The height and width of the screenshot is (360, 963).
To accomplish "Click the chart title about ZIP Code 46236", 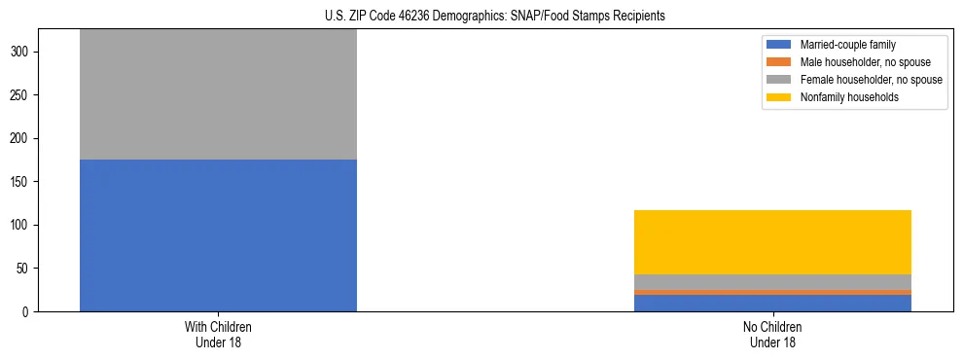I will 495,17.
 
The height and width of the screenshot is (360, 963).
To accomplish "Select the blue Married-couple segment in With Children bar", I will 218,235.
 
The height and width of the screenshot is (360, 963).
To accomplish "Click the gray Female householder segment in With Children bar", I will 218,94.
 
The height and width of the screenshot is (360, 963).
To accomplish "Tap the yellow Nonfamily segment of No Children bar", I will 772,242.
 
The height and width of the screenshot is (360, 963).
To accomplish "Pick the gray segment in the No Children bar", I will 772,282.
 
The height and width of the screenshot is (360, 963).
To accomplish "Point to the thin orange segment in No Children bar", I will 772,292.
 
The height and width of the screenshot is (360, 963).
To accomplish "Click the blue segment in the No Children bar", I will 772,303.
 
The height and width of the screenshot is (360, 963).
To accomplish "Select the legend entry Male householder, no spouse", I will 859,62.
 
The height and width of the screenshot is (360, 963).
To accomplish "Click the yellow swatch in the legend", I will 780,97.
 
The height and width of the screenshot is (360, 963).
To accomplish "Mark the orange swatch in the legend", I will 780,62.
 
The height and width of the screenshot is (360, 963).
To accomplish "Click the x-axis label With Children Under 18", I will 218,335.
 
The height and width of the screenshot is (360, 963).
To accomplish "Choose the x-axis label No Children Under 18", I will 772,335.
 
